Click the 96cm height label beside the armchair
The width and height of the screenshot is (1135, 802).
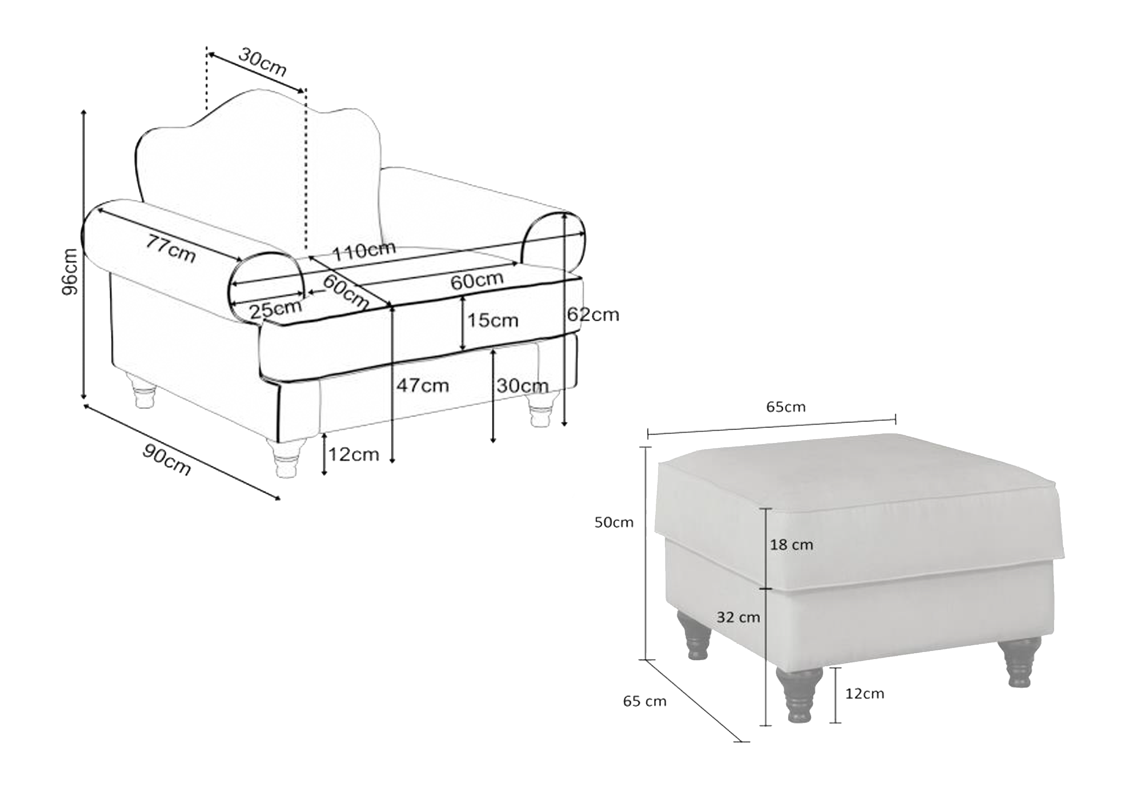pyautogui.click(x=70, y=271)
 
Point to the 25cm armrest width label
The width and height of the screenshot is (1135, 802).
pyautogui.click(x=275, y=309)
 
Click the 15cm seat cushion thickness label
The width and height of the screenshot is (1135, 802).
pyautogui.click(x=493, y=320)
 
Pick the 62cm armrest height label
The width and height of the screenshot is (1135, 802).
pyautogui.click(x=593, y=314)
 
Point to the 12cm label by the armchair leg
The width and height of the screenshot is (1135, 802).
pyautogui.click(x=354, y=454)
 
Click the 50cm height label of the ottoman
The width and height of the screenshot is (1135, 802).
pyautogui.click(x=613, y=522)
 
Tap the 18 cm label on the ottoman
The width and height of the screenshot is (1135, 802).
pyautogui.click(x=791, y=545)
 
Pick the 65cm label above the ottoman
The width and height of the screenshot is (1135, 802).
pyautogui.click(x=786, y=407)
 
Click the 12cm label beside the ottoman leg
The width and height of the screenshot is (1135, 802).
pyautogui.click(x=865, y=693)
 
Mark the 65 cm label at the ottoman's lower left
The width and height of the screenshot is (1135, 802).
pyautogui.click(x=645, y=701)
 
